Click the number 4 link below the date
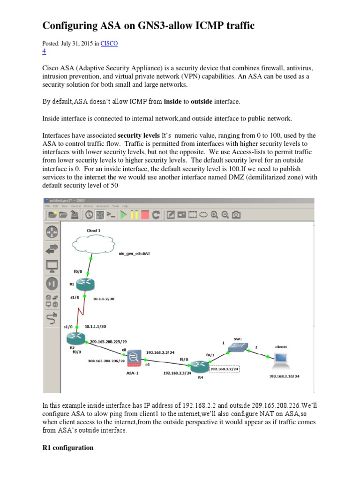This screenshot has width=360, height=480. click(x=44, y=51)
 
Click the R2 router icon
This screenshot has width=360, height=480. click(x=74, y=337)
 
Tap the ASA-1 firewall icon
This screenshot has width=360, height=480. click(x=134, y=359)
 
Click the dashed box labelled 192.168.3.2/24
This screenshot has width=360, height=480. click(x=225, y=368)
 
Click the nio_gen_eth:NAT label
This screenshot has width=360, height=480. click(x=135, y=253)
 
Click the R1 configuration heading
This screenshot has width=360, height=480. click(x=68, y=448)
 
